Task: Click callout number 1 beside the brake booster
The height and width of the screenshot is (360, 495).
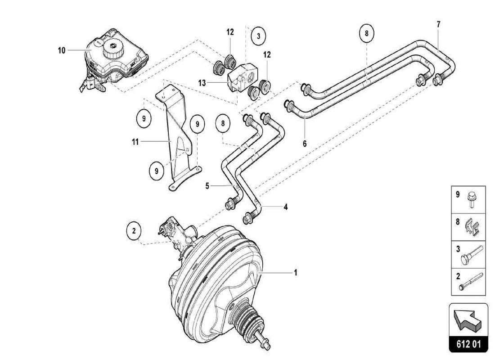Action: [295, 272]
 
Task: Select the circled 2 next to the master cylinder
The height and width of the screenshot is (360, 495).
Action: [134, 231]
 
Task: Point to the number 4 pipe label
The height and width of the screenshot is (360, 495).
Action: [285, 207]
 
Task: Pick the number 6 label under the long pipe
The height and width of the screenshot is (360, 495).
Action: [304, 144]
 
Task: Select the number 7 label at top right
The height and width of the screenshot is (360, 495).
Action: [438, 24]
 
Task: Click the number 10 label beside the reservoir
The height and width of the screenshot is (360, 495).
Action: [62, 50]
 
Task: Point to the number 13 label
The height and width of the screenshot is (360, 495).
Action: [202, 83]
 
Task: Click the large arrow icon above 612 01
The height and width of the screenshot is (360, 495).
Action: [468, 320]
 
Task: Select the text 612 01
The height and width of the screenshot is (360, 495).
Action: [468, 345]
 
